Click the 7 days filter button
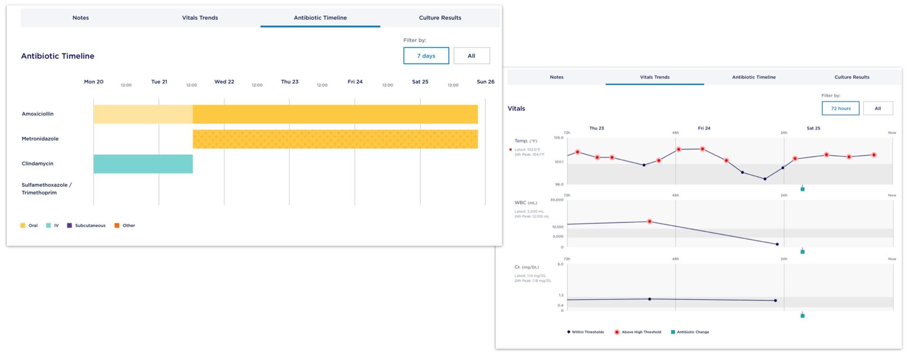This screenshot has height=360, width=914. point(426,56)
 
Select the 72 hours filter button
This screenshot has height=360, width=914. point(840,108)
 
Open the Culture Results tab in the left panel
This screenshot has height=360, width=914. point(440,18)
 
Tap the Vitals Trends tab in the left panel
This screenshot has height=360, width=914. point(200,18)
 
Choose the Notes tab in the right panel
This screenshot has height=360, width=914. point(556,77)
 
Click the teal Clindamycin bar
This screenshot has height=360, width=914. point(143,164)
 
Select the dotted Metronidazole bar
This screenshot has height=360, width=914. point(335,139)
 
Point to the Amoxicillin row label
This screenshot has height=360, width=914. point(38,114)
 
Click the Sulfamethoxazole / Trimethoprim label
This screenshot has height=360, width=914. point(46,189)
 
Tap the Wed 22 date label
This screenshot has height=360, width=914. point(224,82)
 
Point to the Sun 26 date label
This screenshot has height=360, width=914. point(485,82)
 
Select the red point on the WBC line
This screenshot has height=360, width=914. point(650,221)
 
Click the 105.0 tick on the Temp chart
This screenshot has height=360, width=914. point(558,138)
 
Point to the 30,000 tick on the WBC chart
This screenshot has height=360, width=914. point(557,200)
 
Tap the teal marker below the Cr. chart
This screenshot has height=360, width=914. point(802,316)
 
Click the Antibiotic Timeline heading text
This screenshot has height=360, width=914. point(58,56)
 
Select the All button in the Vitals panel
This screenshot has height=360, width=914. point(877,108)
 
